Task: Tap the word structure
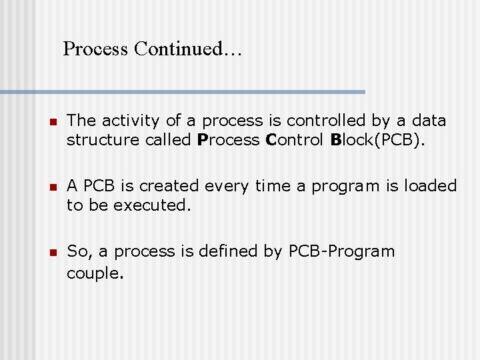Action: [x=98, y=139]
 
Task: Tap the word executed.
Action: [x=152, y=205]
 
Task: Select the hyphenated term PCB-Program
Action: [x=341, y=251]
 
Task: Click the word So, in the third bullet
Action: [x=79, y=251]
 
